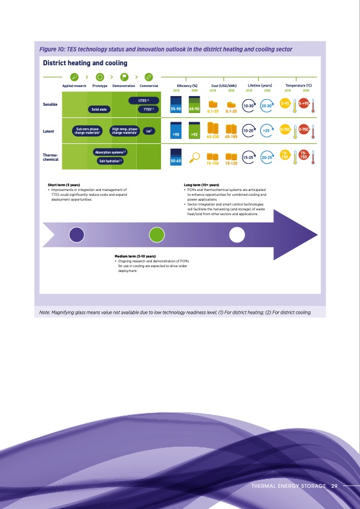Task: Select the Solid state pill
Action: pyautogui.click(x=99, y=109)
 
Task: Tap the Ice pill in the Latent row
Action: pyautogui.click(x=148, y=130)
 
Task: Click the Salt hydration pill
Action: pyautogui.click(x=111, y=160)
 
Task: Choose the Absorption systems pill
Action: pyautogui.click(x=111, y=152)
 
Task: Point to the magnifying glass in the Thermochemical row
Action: pyautogui.click(x=195, y=158)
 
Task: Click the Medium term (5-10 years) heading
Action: pyautogui.click(x=134, y=257)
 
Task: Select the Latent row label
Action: pyautogui.click(x=49, y=131)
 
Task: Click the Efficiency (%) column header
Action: pyautogui.click(x=187, y=86)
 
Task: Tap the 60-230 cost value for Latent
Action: pyautogui.click(x=212, y=137)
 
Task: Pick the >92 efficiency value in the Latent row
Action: pyautogui.click(x=195, y=134)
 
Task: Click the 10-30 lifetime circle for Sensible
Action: pyautogui.click(x=248, y=106)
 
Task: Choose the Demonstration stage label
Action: pyautogui.click(x=123, y=86)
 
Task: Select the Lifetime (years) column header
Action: pyautogui.click(x=260, y=86)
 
